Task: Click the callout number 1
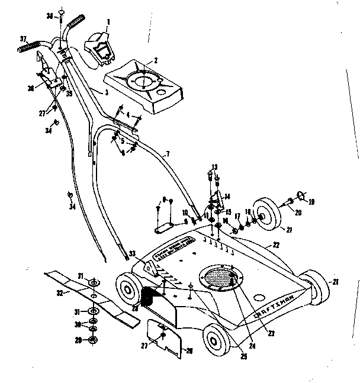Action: tap(108, 22)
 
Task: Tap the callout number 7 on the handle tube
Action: tap(168, 155)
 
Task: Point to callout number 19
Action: tap(312, 201)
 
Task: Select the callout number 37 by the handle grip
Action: tap(24, 39)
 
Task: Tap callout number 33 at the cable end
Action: tap(132, 254)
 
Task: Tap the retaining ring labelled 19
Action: tap(301, 194)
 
